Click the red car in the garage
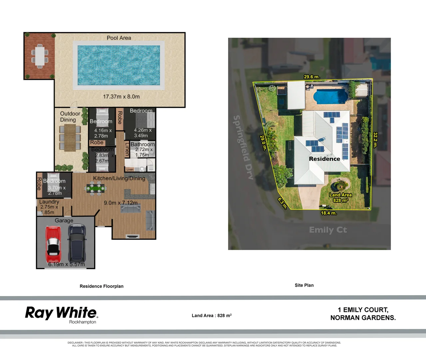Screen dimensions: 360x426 coord(53,244)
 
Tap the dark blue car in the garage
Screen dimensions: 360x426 coord(77,243)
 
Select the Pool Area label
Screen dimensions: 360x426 coord(119,38)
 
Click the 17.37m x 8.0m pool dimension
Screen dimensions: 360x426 coord(121,97)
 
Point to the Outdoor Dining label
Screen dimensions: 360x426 coord(70,117)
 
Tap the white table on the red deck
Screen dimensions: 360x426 coord(40,56)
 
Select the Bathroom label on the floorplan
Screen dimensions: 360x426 coord(143,144)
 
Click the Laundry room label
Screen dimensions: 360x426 coord(49,202)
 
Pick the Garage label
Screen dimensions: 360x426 coord(64,220)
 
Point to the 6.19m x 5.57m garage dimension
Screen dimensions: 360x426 coord(67,264)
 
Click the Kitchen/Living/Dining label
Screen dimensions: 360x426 coord(119,178)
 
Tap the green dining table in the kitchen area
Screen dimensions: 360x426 coord(96,188)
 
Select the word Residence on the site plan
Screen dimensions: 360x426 coord(324,159)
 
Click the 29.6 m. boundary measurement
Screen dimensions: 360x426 coord(312,77)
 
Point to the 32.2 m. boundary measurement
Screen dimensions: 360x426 coord(375,140)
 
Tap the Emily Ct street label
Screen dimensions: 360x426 coord(328,230)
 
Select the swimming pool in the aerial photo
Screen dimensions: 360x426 coord(330,96)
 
